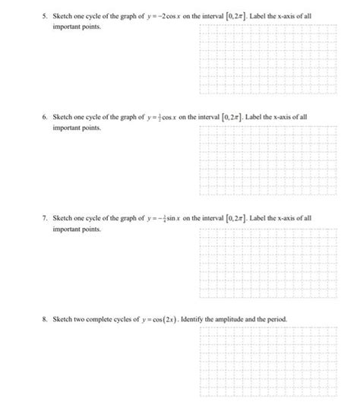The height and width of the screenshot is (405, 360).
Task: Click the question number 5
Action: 45,15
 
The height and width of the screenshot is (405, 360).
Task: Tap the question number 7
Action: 45,217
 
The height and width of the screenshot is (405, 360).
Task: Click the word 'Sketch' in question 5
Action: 62,15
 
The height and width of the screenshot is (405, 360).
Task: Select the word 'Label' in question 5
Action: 262,15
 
